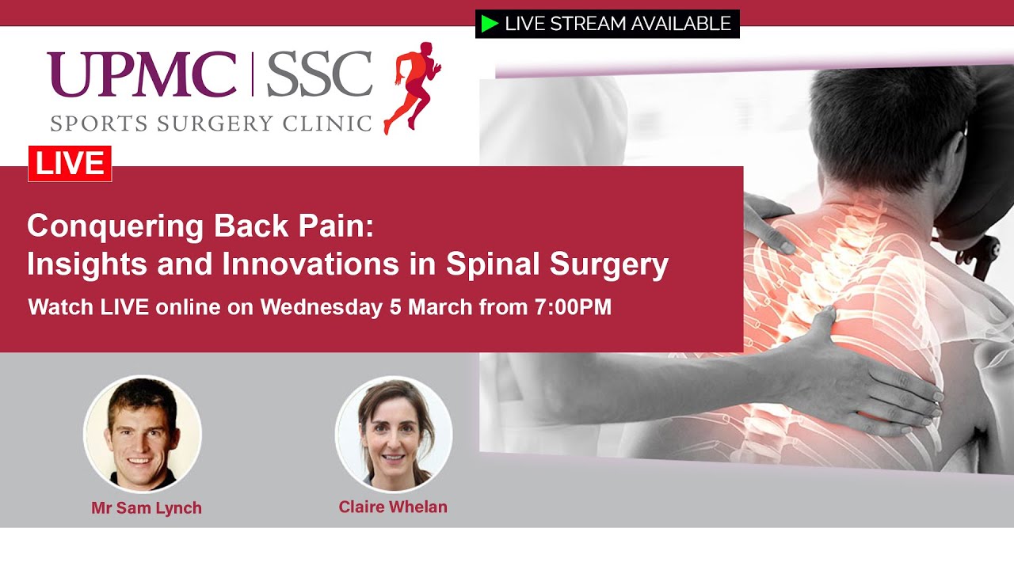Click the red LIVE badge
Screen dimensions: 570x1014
tap(70, 164)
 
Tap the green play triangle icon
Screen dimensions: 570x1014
tap(490, 24)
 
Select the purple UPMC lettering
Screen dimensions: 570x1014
tap(142, 74)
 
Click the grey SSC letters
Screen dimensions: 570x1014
tap(319, 74)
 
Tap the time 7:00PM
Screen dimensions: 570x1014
tap(573, 307)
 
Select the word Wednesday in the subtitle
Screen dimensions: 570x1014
tap(322, 307)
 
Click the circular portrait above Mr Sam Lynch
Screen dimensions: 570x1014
tap(143, 434)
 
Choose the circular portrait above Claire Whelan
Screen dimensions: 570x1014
tap(394, 434)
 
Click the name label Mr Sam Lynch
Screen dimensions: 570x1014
tap(147, 508)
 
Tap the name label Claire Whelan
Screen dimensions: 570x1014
tap(393, 507)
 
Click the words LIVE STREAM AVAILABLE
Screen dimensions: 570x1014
tap(618, 24)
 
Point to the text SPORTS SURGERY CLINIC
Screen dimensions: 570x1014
tap(211, 123)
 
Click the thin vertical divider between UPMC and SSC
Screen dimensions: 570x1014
tap(253, 74)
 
